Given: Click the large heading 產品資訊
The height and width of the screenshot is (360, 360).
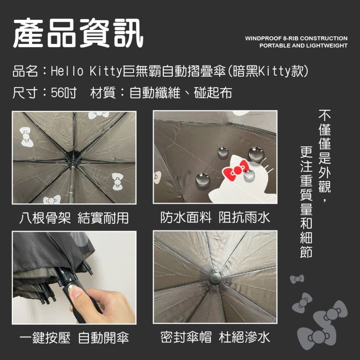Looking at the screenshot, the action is click(x=78, y=33).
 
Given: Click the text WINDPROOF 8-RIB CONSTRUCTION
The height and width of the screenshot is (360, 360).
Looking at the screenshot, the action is click(x=296, y=38).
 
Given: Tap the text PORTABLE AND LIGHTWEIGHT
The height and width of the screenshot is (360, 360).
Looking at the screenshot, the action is click(x=303, y=45).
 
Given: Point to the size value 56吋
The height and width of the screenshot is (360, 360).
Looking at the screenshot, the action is click(x=64, y=93).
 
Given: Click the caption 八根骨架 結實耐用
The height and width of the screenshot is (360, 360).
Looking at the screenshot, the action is click(x=74, y=218).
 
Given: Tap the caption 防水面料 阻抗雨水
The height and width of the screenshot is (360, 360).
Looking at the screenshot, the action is click(x=215, y=217).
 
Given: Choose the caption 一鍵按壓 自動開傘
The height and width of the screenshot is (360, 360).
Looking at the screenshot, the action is click(x=74, y=337).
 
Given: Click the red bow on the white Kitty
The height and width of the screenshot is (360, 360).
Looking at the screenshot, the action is click(x=236, y=169).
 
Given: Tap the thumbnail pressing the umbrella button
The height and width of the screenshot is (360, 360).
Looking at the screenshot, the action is click(x=74, y=278).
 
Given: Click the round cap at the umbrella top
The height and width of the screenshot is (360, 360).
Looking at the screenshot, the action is click(x=216, y=278).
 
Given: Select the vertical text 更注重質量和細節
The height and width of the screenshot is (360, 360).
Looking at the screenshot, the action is click(x=306, y=202).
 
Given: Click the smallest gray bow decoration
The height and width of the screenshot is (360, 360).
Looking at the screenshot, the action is click(x=297, y=279).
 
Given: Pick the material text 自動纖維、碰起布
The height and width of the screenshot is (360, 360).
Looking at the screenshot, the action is click(x=180, y=93).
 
